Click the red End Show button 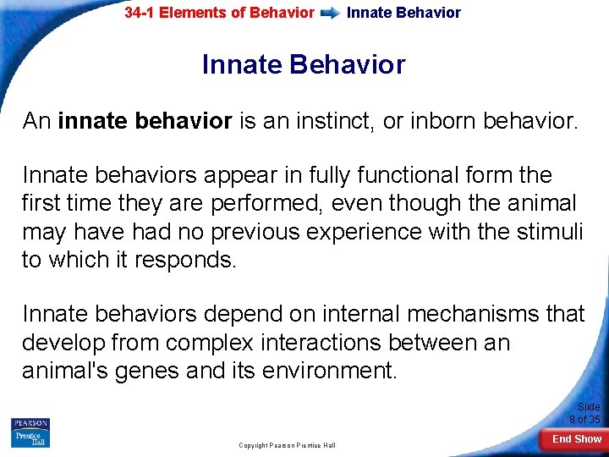[x=576, y=439]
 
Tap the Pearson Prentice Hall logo [x=30, y=432]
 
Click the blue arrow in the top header [x=331, y=14]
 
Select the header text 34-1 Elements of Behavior [x=219, y=14]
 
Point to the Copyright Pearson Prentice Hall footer [x=288, y=445]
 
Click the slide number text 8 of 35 [x=584, y=419]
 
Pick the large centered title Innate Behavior [x=304, y=64]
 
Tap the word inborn [x=440, y=121]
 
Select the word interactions [x=336, y=343]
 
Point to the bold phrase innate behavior [x=145, y=121]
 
